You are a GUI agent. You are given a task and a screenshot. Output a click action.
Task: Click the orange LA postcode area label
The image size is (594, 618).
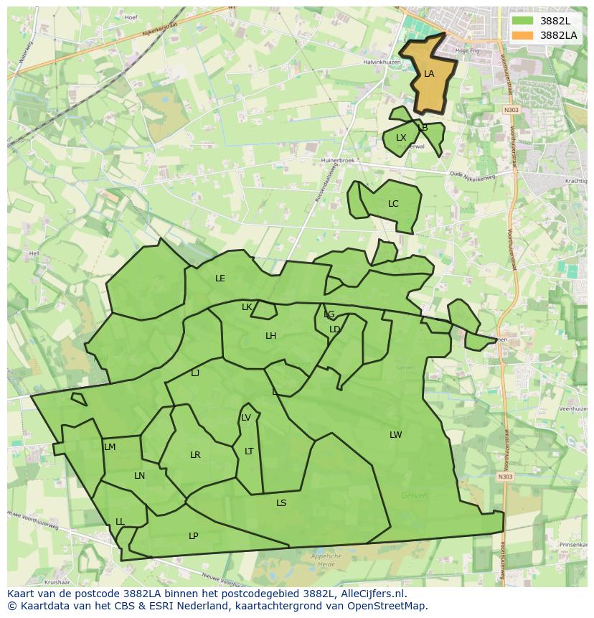429,74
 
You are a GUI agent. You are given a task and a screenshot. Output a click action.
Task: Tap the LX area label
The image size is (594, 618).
401,138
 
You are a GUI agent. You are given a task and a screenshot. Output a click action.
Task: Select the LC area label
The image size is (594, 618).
393,204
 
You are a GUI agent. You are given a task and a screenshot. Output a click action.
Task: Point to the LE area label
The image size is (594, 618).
220,278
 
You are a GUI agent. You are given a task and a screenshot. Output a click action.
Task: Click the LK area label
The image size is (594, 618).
247,307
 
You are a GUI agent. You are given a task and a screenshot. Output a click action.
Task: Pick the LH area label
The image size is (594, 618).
270,336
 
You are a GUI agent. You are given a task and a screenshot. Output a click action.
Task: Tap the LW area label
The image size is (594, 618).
395,435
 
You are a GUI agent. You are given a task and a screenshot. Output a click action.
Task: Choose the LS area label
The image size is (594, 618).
281,503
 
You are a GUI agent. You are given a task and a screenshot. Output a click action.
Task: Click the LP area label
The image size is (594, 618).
193,536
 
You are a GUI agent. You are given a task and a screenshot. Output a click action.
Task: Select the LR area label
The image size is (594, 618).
195,455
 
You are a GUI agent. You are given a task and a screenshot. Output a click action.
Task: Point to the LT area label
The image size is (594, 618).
249,451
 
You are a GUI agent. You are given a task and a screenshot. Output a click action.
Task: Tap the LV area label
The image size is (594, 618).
246,418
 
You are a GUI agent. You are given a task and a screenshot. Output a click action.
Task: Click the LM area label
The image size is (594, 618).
110,447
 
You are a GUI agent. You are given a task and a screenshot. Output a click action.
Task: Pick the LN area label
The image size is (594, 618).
139,476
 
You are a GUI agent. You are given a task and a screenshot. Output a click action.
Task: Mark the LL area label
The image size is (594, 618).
120,522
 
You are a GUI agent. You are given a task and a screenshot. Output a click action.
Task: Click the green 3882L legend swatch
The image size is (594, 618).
523,21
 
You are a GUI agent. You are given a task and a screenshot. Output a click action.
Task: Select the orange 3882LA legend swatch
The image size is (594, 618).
523,34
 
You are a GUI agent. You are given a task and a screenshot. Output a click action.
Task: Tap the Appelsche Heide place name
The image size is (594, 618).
326,561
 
